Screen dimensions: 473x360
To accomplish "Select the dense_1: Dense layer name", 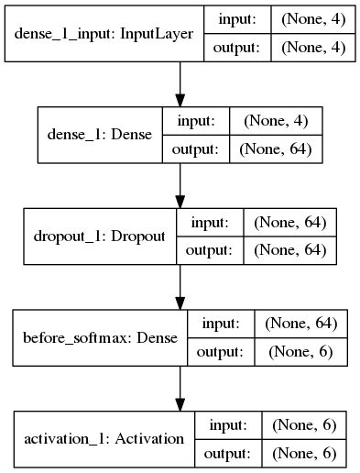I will coord(99,135).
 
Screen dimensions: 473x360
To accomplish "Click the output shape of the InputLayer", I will coord(313,48).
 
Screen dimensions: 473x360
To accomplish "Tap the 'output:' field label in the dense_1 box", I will coord(196,148).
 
